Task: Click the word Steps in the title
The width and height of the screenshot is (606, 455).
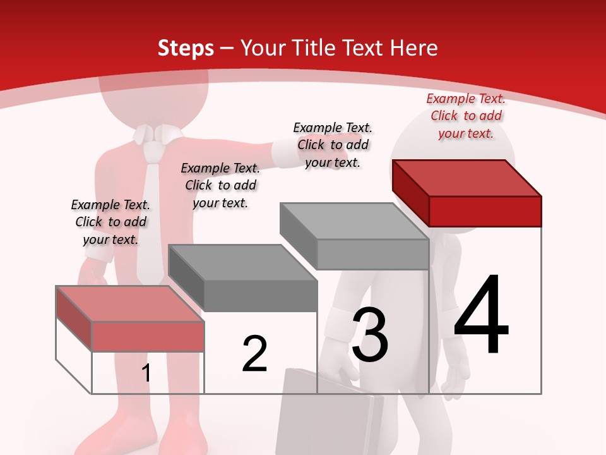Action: coord(186,48)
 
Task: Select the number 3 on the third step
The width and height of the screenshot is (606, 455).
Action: coord(370,336)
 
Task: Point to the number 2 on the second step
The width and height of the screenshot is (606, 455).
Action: coord(254,354)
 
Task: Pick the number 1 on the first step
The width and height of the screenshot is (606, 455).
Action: coord(146,373)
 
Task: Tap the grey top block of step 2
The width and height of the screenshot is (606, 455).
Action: coord(244,277)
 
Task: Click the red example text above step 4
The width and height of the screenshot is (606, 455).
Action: coord(466,116)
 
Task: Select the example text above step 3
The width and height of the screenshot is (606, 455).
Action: coord(333,145)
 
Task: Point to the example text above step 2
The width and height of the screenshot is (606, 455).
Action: coord(220,185)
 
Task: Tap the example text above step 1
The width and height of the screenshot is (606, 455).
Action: coord(110,222)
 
